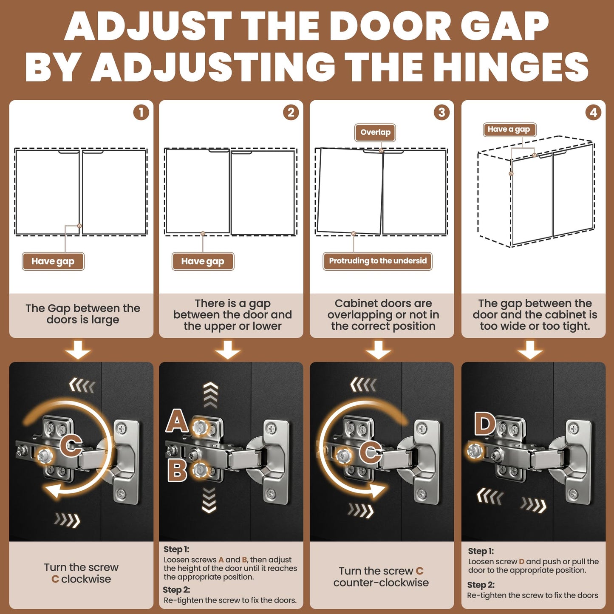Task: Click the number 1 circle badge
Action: point(141,113)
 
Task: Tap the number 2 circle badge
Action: point(291,113)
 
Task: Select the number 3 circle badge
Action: point(441,113)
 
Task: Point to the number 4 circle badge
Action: point(593,113)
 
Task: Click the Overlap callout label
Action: point(375,133)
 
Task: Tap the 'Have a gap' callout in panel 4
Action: point(509,130)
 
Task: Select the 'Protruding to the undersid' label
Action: point(378,261)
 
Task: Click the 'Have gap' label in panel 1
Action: point(53,262)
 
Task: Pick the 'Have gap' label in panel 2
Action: point(203,262)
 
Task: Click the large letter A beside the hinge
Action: point(177,421)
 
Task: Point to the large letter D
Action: point(485,424)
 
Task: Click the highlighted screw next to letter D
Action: point(475,450)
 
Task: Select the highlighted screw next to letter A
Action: point(201,427)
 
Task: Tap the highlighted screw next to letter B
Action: point(200,470)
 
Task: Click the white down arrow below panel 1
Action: point(78,350)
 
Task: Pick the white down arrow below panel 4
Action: point(530,350)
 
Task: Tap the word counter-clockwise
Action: point(381,583)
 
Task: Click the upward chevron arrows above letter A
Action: point(211,395)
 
